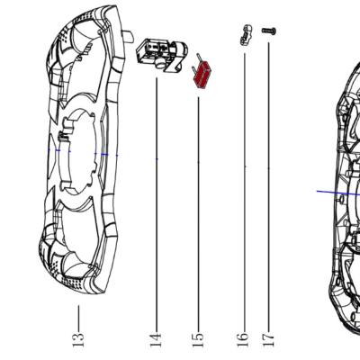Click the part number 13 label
(x=78, y=339)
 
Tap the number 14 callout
(x=156, y=340)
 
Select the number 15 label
(x=198, y=340)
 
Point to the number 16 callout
(x=243, y=340)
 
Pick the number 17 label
(x=268, y=338)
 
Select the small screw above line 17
(x=269, y=31)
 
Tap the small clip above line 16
(x=246, y=35)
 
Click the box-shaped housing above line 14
(x=162, y=56)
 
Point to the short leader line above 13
(x=78, y=318)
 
